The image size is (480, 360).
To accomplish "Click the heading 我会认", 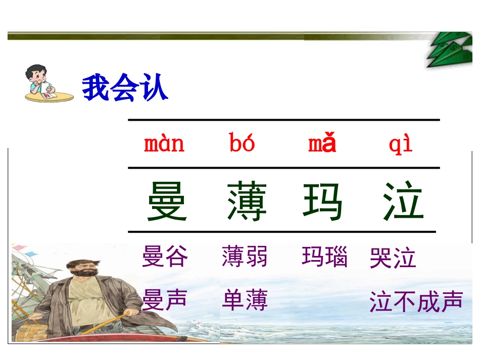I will coord(125,88).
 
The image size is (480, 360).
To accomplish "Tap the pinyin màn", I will coord(164,144).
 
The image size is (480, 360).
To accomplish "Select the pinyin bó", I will coord(242,144).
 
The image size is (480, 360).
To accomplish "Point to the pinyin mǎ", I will coord(322,144).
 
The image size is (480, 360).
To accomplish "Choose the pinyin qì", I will coord(401,144).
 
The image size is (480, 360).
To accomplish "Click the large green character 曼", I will coord(167,201).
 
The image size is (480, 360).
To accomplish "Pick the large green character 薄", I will coord(247,201).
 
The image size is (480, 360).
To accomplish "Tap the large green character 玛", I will coord(323,201).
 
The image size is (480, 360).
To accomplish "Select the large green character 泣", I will coord(403,201).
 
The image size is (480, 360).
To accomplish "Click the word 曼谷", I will coord(165,256).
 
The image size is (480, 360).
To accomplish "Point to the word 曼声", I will coord(165,299).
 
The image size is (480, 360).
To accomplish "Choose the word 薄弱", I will coord(245,256).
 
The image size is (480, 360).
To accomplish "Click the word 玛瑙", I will coord(325,256).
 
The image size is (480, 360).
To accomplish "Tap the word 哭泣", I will coord(393,258).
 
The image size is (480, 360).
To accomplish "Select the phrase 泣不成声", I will coord(416,301).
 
